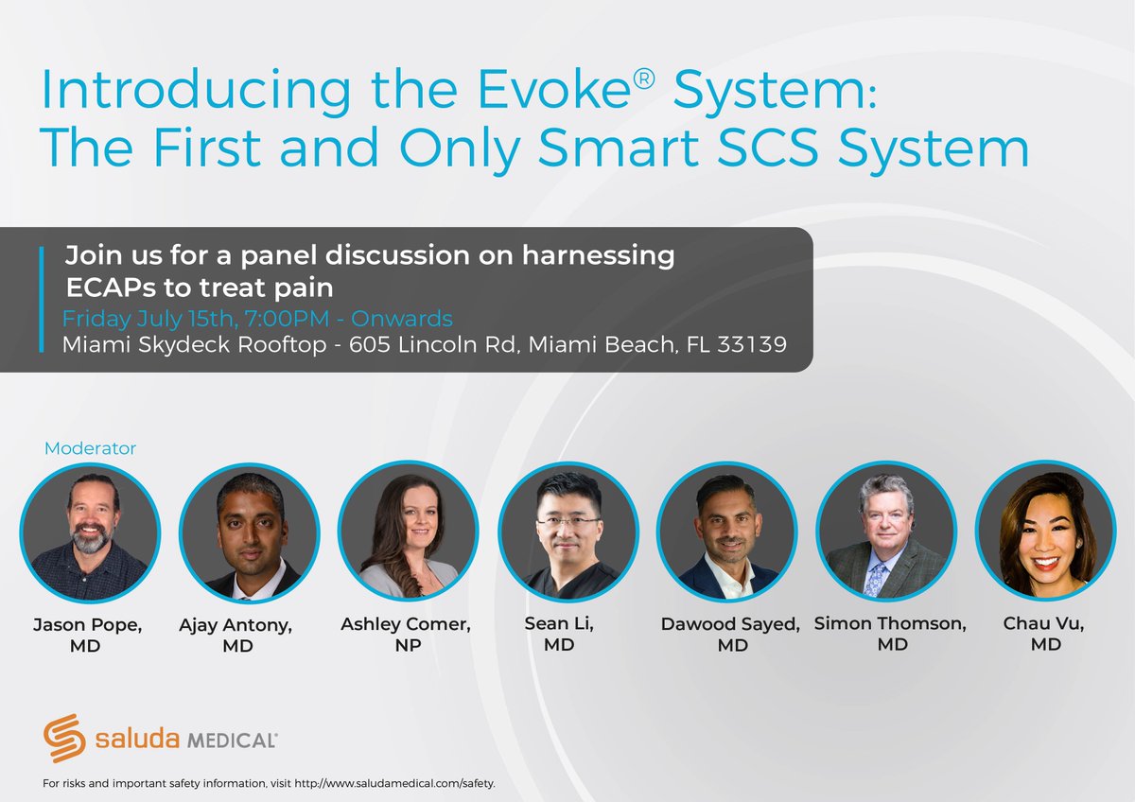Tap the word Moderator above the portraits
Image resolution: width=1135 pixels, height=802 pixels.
(x=91, y=448)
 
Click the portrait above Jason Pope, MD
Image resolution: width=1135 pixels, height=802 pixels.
(x=91, y=532)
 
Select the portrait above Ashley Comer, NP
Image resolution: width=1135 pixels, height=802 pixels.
(x=409, y=532)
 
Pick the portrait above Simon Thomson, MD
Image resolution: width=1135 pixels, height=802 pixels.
(x=886, y=532)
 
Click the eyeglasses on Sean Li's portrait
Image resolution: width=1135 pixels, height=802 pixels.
(x=567, y=521)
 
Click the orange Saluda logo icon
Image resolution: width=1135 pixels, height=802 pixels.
(x=65, y=739)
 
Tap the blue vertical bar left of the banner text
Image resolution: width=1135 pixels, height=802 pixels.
(x=43, y=299)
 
